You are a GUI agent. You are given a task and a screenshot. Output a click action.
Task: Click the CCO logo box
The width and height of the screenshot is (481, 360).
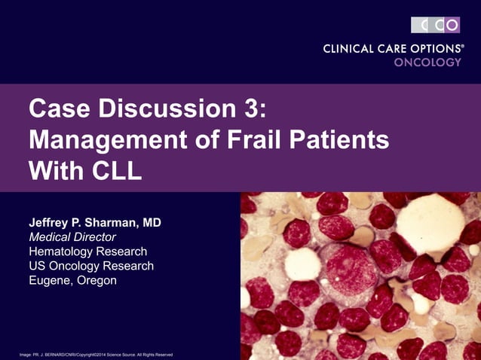[x=435, y=25]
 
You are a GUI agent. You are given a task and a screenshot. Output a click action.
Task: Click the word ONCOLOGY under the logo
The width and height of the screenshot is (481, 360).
[x=427, y=63]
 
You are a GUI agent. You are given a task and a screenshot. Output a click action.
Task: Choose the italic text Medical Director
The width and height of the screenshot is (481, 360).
[x=72, y=237]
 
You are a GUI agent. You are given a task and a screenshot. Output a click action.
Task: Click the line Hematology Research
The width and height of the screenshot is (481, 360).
[x=87, y=252]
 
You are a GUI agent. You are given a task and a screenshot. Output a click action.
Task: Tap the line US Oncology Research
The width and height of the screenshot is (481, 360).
[x=90, y=266]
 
